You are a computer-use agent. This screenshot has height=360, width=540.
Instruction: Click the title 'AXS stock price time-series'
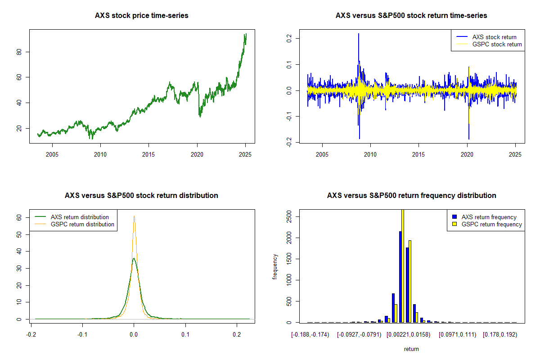(x=142, y=16)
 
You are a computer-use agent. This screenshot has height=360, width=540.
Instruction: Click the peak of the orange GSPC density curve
(x=134, y=216)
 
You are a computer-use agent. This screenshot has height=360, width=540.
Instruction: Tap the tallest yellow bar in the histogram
(x=403, y=265)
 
